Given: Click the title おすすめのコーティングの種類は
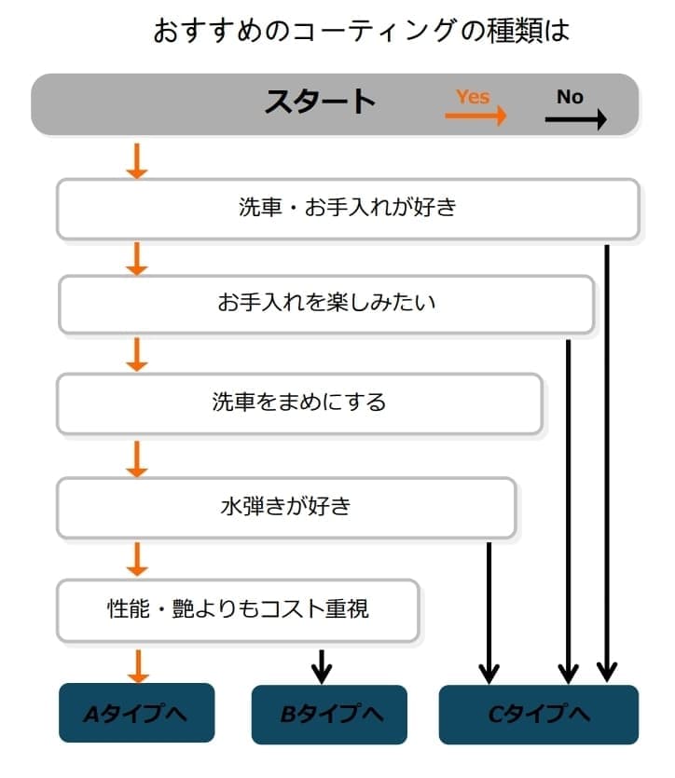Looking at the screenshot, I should point(361,31).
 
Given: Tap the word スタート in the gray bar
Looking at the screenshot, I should point(320,102).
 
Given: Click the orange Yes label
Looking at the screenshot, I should point(473,96).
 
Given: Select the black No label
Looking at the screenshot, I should point(570,96).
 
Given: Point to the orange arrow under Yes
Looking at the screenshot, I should point(475,116).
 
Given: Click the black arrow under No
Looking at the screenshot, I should point(575,118).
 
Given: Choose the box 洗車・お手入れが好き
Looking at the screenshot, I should point(348,208).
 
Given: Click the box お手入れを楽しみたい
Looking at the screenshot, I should point(326,304).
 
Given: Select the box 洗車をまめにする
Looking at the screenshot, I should point(299,403).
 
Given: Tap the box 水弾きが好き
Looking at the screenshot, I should point(286,507).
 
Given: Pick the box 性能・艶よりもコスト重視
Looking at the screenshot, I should point(238,609).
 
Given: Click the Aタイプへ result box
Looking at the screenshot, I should point(136,714).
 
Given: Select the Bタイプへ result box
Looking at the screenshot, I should point(329,715).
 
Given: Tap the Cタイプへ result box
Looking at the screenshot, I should point(538,715).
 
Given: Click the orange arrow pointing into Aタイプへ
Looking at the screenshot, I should point(137,665).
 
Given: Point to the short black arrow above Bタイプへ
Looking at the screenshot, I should point(322,665).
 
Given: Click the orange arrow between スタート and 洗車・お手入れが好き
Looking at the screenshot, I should point(137,160).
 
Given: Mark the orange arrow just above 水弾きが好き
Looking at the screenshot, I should point(137,458).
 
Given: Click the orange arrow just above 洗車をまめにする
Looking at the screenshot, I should point(137,354).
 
